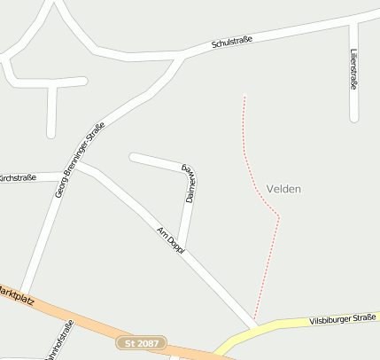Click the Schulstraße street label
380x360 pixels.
233,41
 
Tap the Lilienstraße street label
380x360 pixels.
353,68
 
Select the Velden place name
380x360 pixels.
283,189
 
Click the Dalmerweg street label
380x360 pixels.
189,184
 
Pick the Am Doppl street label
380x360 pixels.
170,240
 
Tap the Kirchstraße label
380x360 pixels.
18,177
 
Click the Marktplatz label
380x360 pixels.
16,294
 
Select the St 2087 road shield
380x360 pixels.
141,342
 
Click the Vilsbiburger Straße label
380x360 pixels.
342,319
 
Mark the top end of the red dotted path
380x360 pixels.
244,96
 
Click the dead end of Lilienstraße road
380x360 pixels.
354,117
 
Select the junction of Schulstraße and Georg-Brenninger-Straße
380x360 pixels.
182,57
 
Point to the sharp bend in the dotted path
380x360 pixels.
279,215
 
